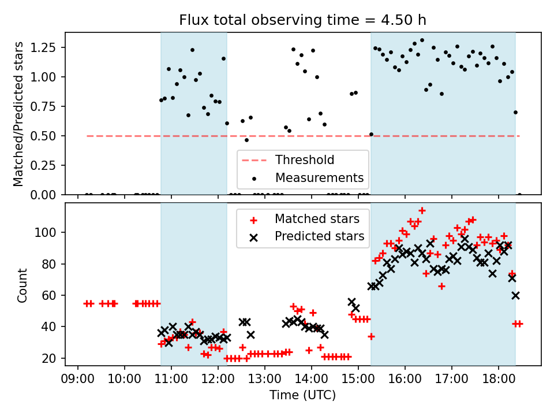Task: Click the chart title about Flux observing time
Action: (x=302, y=20)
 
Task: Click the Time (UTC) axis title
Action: (x=302, y=396)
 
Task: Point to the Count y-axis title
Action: (x=23, y=285)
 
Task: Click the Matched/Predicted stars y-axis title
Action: (x=18, y=114)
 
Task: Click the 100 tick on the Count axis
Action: (x=48, y=232)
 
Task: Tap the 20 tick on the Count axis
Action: (x=52, y=358)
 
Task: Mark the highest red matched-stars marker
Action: (x=422, y=210)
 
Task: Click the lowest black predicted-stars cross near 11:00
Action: (x=169, y=343)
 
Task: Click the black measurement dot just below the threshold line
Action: (x=246, y=140)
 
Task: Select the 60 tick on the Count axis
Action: (x=52, y=295)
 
